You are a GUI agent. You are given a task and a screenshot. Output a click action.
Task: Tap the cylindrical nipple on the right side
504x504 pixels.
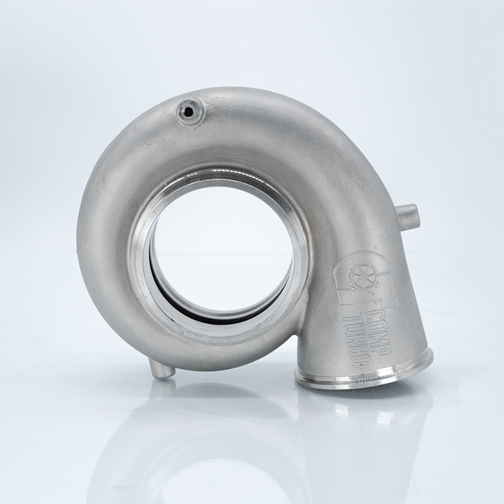point(408,216)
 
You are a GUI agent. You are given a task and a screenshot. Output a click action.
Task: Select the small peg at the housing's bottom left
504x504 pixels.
point(161,369)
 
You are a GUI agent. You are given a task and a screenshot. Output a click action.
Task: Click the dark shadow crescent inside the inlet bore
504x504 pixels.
point(208,312)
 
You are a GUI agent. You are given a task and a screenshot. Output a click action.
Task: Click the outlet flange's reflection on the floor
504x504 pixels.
point(365,409)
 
